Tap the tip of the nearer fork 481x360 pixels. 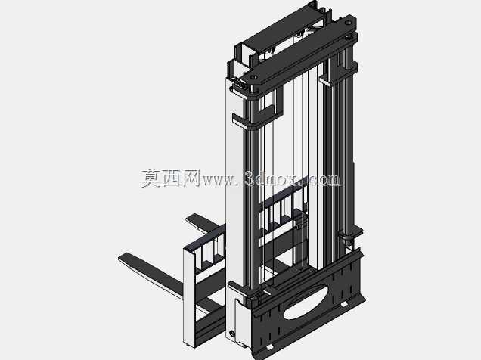(119, 258)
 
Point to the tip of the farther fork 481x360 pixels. (187, 219)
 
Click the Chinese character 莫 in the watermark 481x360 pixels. (152, 178)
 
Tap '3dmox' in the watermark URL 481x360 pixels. (271, 179)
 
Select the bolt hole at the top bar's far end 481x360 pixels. (348, 23)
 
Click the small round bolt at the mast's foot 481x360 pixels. (232, 333)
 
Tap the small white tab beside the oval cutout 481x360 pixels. (343, 305)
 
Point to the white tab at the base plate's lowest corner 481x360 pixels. (269, 347)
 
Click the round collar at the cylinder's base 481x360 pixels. (348, 236)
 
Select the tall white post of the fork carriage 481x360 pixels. (189, 298)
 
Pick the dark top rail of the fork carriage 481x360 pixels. (205, 238)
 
